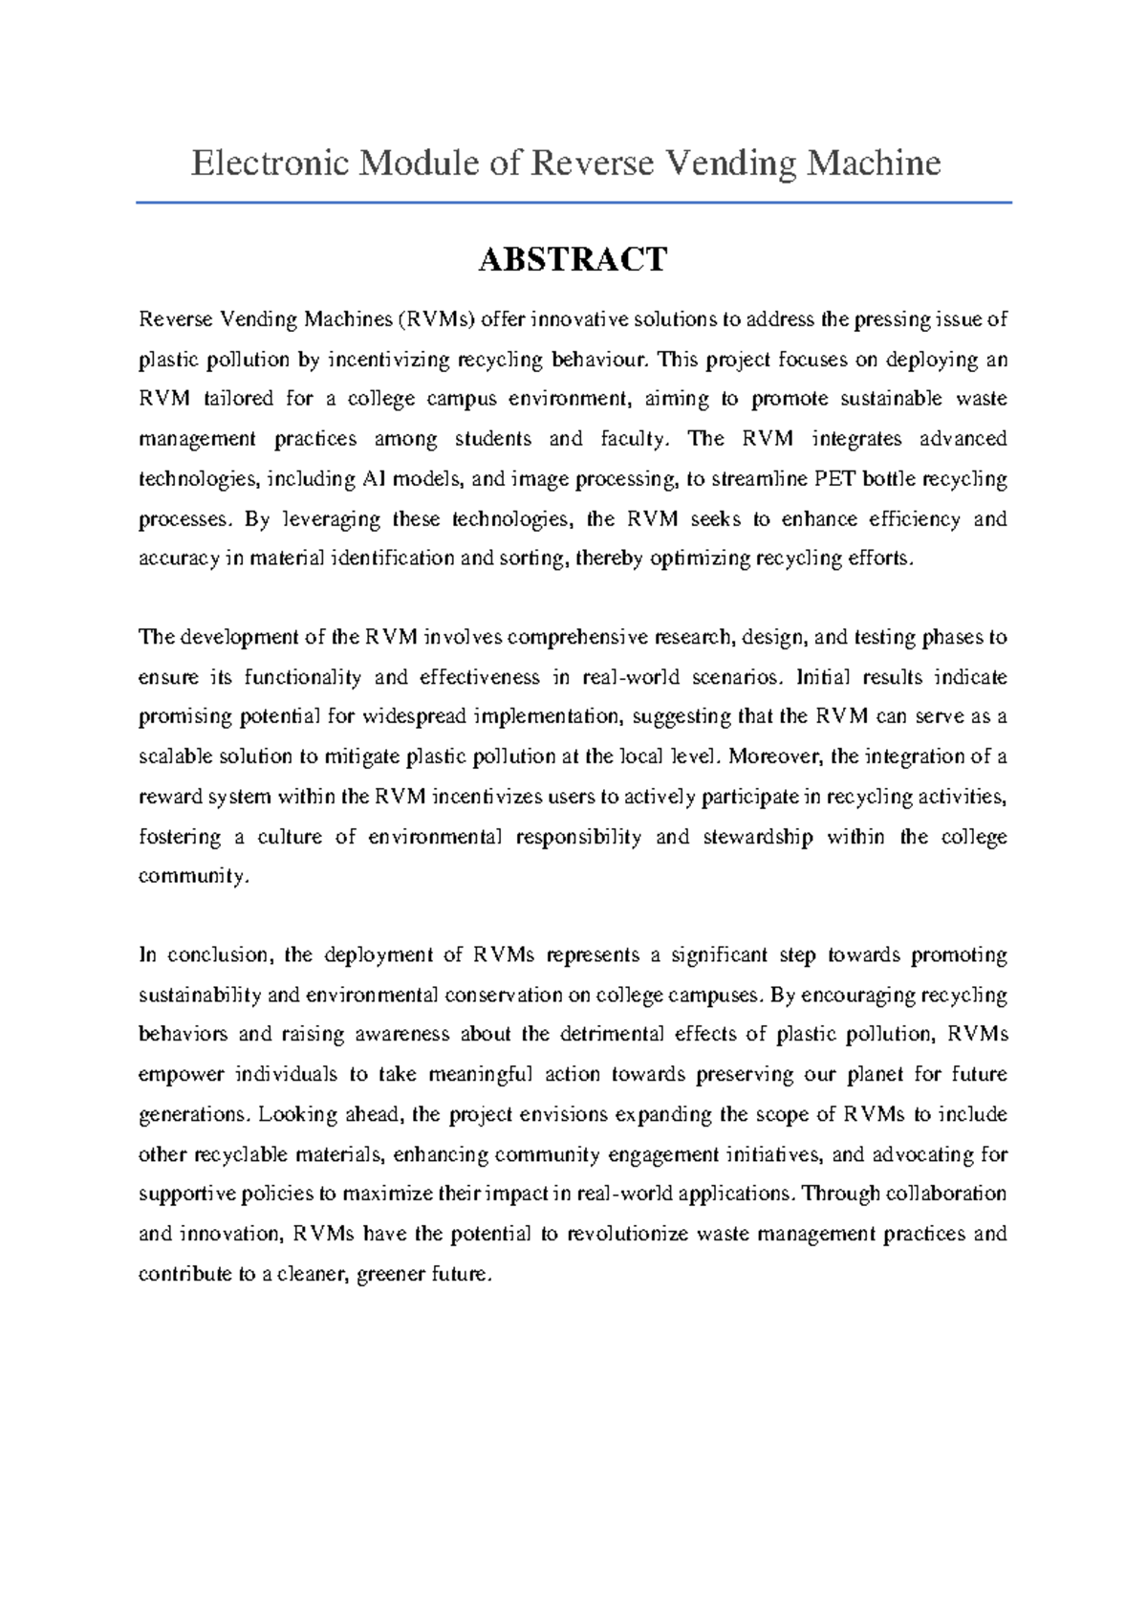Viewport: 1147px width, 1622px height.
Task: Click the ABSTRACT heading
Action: click(x=573, y=260)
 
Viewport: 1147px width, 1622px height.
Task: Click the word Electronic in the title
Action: click(x=271, y=164)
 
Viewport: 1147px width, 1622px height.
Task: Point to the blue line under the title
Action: click(x=573, y=203)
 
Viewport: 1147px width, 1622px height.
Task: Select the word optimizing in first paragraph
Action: click(x=701, y=559)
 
